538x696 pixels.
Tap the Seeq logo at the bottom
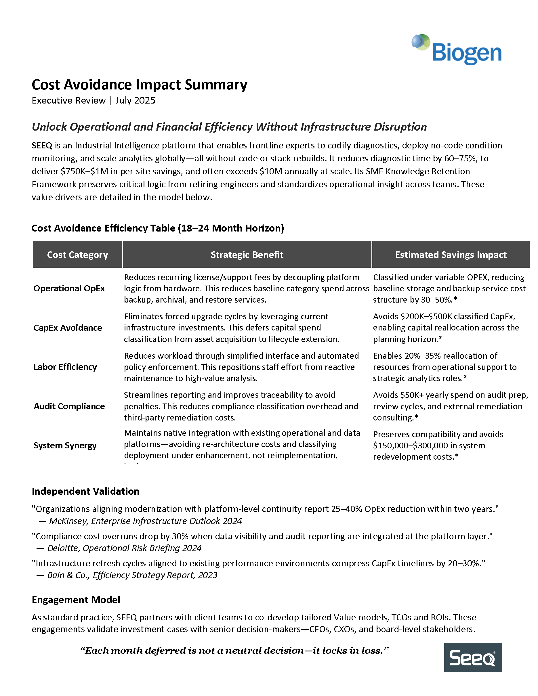(473, 657)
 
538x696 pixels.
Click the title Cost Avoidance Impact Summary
(139, 85)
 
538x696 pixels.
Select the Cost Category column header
(77, 255)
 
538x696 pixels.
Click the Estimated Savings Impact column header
(450, 255)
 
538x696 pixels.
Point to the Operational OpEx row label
(69, 288)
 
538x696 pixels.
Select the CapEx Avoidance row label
(68, 328)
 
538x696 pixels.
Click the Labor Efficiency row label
(65, 367)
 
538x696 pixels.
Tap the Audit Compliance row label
(69, 406)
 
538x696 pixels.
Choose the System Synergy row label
(65, 445)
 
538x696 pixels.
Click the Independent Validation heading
(85, 492)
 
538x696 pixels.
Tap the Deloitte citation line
(124, 548)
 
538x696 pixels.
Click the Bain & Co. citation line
(132, 575)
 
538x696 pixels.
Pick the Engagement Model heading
(76, 600)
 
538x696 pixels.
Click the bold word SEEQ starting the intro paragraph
(42, 146)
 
